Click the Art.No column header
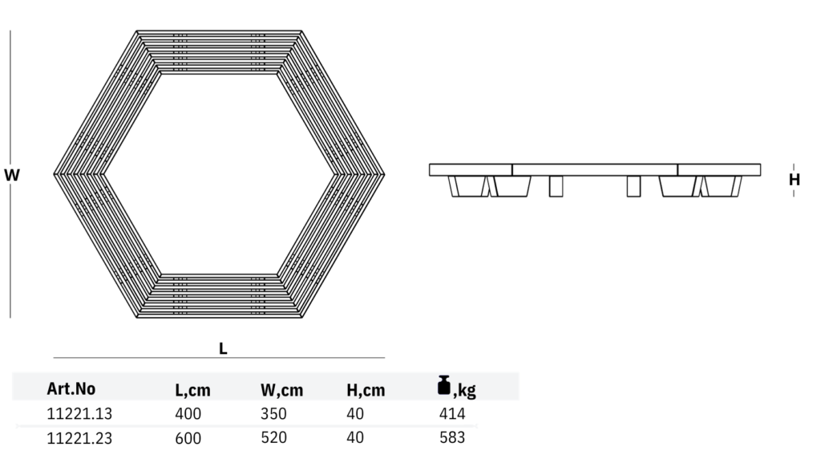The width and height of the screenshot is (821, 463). (71, 389)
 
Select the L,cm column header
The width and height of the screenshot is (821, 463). (192, 390)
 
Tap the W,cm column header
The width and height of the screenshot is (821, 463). (281, 390)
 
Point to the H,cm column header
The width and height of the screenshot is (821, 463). (366, 390)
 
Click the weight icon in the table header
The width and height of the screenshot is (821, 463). (443, 386)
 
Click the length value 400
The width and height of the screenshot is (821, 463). (188, 414)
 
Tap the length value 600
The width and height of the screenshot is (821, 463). (188, 438)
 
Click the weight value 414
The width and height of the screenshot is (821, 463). (452, 414)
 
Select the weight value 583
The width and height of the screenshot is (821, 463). (452, 437)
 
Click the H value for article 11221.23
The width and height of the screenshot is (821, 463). (355, 437)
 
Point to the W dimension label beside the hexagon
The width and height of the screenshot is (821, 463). (12, 175)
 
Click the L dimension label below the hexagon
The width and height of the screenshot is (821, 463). (223, 348)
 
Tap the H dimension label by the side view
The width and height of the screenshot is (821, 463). (794, 180)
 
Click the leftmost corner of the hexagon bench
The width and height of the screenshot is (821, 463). (54, 174)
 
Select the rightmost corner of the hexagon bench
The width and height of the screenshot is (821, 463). (383, 174)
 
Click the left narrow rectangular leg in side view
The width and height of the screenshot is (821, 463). (556, 187)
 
